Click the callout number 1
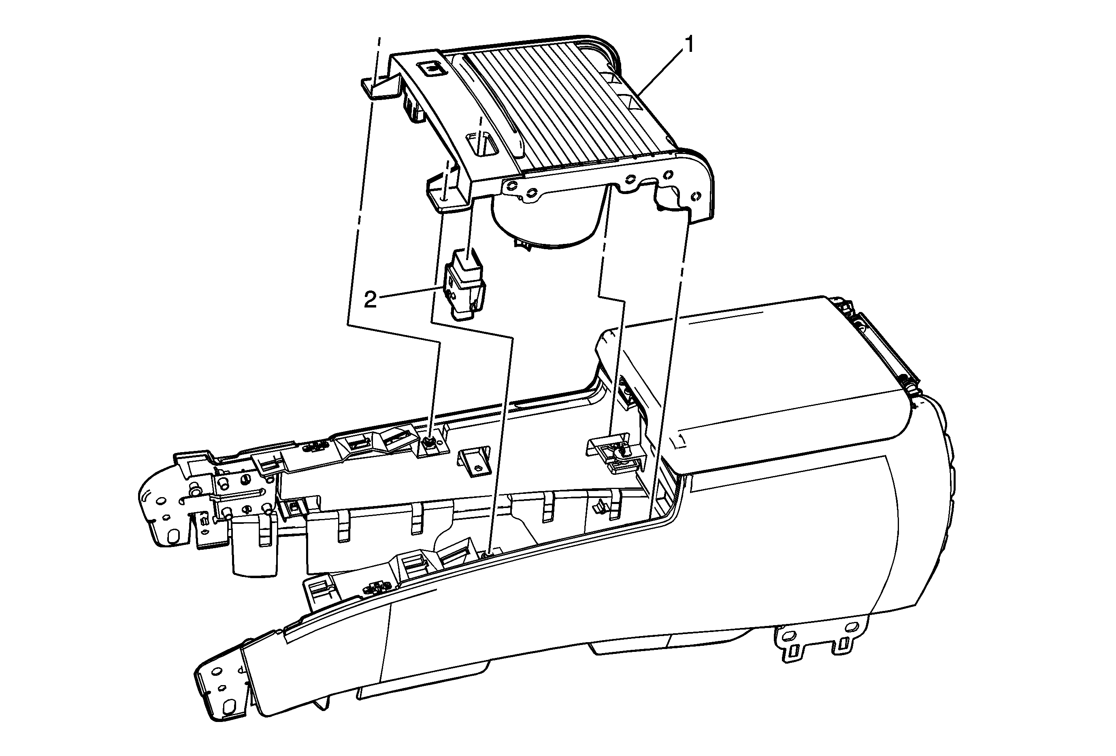(689, 46)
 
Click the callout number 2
(370, 300)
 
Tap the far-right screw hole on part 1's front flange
(695, 196)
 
